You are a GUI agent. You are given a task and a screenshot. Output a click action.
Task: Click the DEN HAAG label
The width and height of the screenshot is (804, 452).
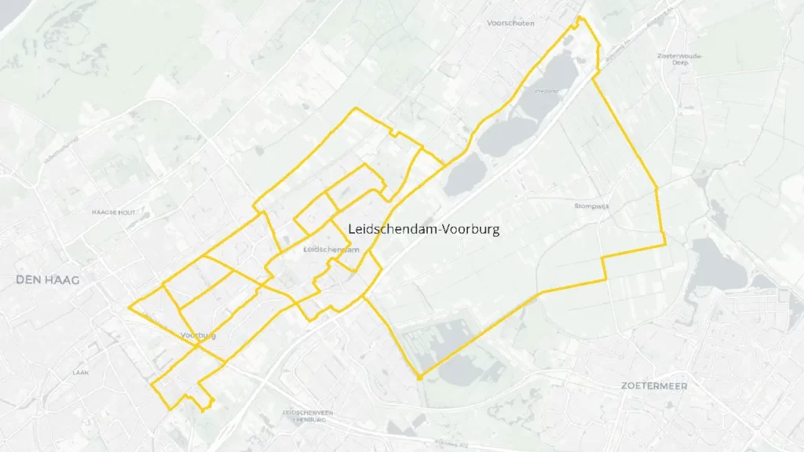coord(47,279)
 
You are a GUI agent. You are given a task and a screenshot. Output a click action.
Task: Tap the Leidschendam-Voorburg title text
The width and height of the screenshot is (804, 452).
coord(423,229)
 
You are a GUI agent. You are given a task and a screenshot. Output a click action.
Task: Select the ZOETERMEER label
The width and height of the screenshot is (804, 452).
coord(653,385)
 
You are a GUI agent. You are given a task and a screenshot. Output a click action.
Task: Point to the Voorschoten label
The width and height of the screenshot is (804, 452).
coord(510,24)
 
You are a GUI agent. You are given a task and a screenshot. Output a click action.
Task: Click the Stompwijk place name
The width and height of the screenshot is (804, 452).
coord(592,206)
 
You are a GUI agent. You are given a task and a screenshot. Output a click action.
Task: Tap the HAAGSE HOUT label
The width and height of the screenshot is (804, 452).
coord(115,213)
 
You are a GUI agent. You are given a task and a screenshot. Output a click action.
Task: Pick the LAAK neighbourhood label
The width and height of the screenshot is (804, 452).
coord(79,372)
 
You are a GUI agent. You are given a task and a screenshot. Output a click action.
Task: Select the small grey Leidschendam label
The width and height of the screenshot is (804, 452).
coord(331,250)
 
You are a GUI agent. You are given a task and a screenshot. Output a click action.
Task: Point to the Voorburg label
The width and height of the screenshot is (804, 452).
coord(198,336)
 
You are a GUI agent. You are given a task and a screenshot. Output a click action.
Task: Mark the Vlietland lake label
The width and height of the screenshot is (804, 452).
coord(546,91)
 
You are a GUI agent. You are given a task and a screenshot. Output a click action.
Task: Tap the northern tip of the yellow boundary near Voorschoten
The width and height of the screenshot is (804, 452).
coord(579,17)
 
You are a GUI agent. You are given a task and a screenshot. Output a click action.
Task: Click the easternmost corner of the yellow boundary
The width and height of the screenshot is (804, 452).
coord(666,244)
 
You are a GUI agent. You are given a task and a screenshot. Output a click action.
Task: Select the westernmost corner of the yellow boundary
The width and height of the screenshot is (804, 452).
coord(129,308)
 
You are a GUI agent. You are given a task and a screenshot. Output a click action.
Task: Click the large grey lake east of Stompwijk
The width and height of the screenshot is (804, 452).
coord(718,265)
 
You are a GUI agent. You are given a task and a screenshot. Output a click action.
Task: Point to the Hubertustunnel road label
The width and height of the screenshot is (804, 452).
coord(63,149)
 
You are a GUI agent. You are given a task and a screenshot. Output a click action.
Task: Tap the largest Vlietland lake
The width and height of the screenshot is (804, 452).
coord(506,133)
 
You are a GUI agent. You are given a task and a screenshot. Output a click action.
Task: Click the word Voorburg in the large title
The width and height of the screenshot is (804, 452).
coord(471,229)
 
